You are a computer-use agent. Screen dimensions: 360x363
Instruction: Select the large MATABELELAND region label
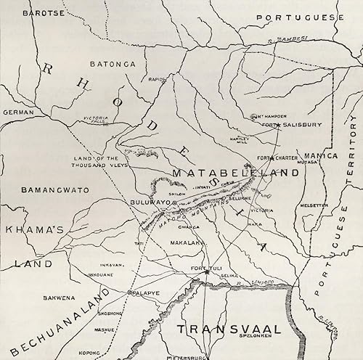click(235, 173)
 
